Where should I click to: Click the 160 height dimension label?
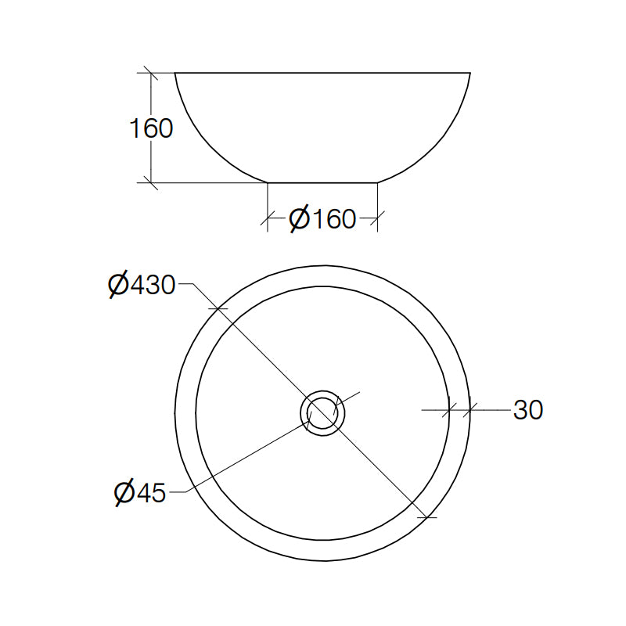[151, 128]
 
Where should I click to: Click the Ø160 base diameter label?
[322, 218]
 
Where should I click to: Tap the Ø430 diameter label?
[142, 285]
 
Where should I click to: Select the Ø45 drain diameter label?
[140, 493]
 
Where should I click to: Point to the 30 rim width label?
[527, 409]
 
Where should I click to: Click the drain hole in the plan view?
[322, 413]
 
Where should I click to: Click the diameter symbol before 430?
[118, 285]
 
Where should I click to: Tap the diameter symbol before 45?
[124, 493]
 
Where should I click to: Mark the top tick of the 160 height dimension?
[151, 73]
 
